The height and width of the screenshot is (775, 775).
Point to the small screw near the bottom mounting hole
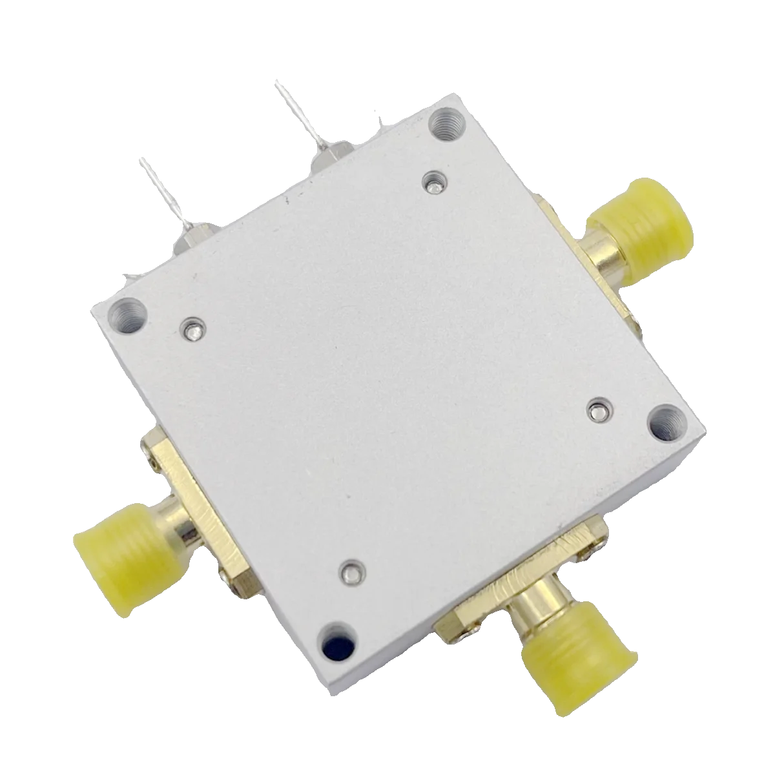pos(351,572)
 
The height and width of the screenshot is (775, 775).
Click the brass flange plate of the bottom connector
pos(517,578)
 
